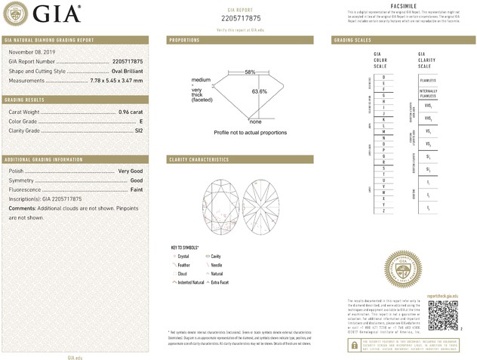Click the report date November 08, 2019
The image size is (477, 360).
(29, 53)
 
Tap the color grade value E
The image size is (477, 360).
(141, 121)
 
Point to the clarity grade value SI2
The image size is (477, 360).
(138, 131)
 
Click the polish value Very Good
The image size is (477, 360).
(131, 172)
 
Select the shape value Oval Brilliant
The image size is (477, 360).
(123, 71)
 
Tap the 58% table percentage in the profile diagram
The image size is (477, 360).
(250, 72)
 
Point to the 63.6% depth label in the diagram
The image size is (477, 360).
(260, 91)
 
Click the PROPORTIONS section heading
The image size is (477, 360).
(184, 39)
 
